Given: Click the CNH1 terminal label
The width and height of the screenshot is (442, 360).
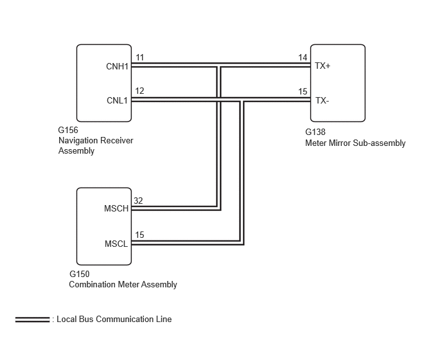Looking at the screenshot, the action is click(x=118, y=66).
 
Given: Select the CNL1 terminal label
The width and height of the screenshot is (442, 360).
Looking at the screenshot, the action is click(x=118, y=100).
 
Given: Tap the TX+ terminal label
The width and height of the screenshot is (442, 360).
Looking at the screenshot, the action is click(x=323, y=66).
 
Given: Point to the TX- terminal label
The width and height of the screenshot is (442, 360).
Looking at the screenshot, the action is click(x=322, y=100).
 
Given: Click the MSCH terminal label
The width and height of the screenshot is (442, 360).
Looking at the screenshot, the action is click(x=116, y=208).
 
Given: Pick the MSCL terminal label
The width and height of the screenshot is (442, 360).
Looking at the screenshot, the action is click(x=116, y=244).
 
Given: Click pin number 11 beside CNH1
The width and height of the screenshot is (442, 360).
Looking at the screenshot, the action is click(x=140, y=58).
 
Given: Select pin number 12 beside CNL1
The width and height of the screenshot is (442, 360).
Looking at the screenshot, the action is click(x=139, y=91).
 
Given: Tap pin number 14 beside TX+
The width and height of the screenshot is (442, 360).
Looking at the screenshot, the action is click(x=303, y=58).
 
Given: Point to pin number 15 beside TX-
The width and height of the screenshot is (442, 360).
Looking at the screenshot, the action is click(x=303, y=91).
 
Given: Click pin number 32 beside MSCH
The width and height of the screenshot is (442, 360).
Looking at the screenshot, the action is click(x=138, y=201).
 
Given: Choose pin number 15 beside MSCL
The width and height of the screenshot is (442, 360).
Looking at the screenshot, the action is click(x=139, y=235).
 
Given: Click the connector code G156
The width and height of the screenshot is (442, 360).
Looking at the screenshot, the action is click(x=68, y=130).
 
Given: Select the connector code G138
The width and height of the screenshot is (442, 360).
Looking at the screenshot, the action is click(x=315, y=132).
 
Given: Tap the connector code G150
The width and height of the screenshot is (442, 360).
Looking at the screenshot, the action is click(x=80, y=274).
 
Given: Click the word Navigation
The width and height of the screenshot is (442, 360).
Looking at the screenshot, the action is click(x=77, y=141).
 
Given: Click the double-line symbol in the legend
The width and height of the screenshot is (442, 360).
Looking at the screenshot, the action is click(x=32, y=319).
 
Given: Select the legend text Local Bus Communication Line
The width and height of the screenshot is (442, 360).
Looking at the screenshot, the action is click(x=114, y=319).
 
